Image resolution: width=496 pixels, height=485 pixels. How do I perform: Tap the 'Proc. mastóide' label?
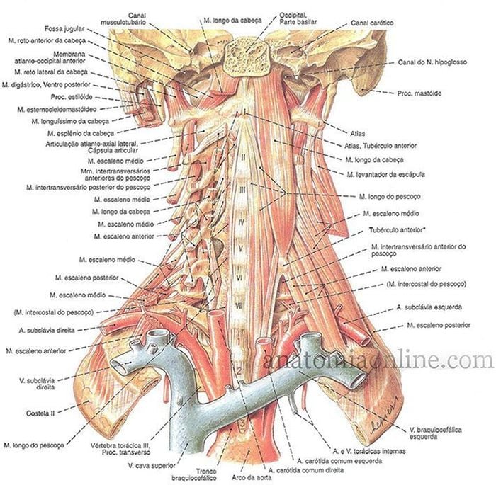tap(419, 93)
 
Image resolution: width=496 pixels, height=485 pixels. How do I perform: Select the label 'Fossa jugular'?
tap(64, 29)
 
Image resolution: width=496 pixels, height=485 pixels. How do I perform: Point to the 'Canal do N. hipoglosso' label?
tap(432, 62)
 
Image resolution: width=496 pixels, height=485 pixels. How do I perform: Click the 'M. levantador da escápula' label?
tap(385, 174)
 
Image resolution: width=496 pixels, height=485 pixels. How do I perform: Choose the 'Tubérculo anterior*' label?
tap(397, 230)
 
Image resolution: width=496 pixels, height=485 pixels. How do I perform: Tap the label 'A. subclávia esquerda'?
tap(429, 307)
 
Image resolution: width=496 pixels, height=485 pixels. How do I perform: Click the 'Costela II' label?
tap(40, 413)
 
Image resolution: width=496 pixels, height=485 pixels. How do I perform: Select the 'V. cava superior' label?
tap(152, 465)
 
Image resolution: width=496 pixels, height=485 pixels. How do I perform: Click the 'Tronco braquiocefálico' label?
tap(194, 474)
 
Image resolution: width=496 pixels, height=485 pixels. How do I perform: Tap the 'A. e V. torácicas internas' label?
tap(369, 451)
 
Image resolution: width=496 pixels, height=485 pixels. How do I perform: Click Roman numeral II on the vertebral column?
tap(243, 156)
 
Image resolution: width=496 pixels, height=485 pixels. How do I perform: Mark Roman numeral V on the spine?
tap(241, 249)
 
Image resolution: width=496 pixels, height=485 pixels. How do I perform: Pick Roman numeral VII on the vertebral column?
tap(239, 306)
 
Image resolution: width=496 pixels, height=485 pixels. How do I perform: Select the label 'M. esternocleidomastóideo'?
tap(57, 110)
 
